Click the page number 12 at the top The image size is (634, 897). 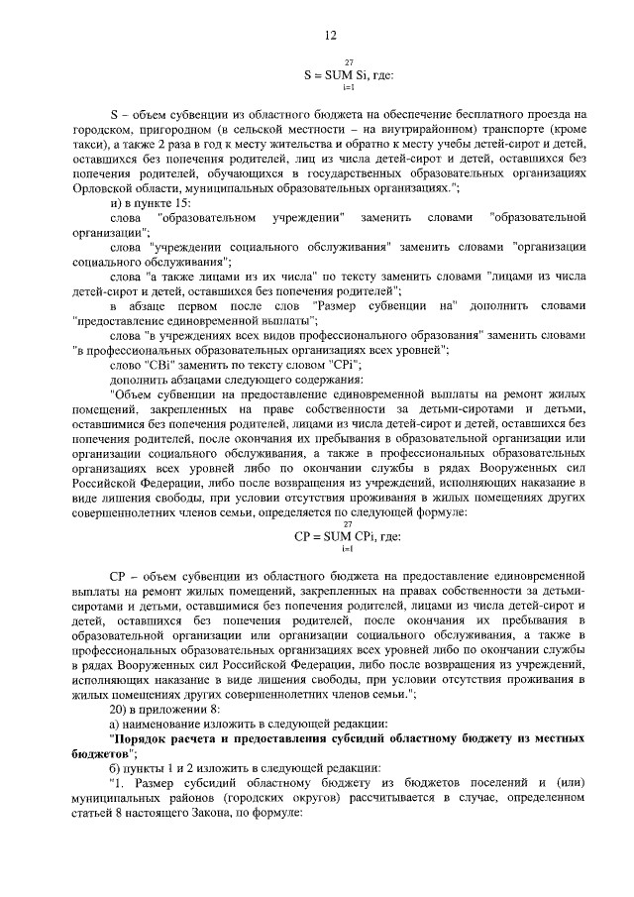click(x=331, y=36)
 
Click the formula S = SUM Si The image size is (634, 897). click(x=350, y=73)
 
